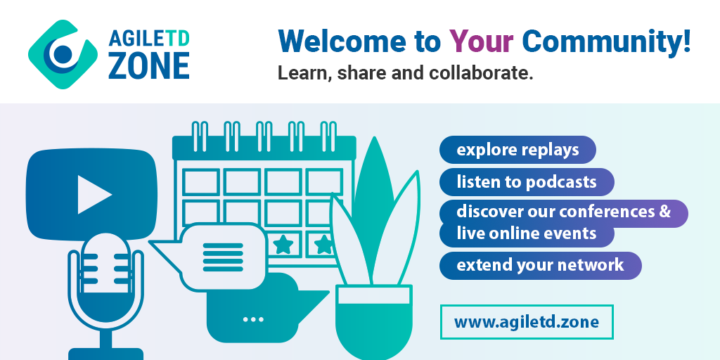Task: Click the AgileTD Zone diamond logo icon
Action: click(63, 54)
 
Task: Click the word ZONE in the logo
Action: click(149, 65)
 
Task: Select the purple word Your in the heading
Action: click(481, 41)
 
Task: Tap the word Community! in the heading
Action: click(606, 41)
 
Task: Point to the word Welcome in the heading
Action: click(342, 41)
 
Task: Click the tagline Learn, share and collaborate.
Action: click(405, 73)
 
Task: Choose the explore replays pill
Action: click(517, 150)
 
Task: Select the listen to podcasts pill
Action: click(527, 182)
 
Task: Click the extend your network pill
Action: click(541, 265)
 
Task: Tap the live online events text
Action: click(526, 233)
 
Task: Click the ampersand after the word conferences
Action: click(665, 212)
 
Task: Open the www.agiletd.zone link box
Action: click(527, 322)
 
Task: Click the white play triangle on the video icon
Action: click(94, 195)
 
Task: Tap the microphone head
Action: click(106, 277)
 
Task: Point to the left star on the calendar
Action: click(283, 245)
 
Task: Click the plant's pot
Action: click(374, 321)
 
